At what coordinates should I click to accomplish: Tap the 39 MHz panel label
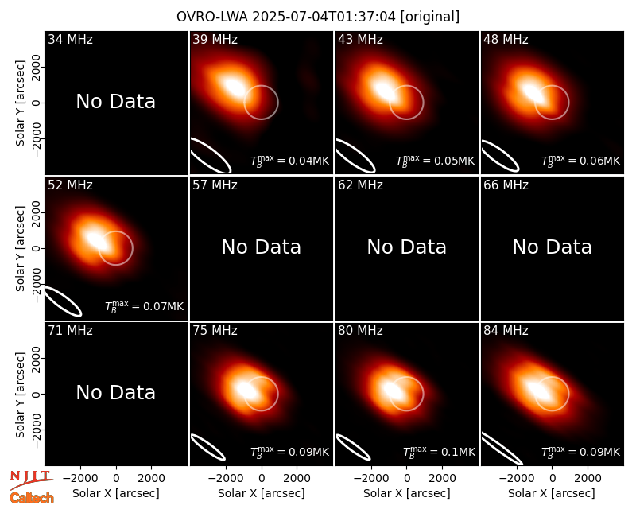point(215,39)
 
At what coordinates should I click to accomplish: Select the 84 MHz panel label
point(506,331)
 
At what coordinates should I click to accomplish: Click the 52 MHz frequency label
point(70,185)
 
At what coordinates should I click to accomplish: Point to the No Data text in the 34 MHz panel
point(115,102)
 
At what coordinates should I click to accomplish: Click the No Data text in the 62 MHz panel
point(407,247)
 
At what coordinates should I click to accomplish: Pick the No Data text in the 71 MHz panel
point(115,392)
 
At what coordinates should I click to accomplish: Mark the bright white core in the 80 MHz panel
point(393,390)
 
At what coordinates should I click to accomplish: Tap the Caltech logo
point(32,498)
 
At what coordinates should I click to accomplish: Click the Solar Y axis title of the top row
point(20,103)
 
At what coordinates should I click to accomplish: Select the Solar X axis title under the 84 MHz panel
point(552,493)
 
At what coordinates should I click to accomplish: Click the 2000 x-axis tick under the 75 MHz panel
point(297,478)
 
